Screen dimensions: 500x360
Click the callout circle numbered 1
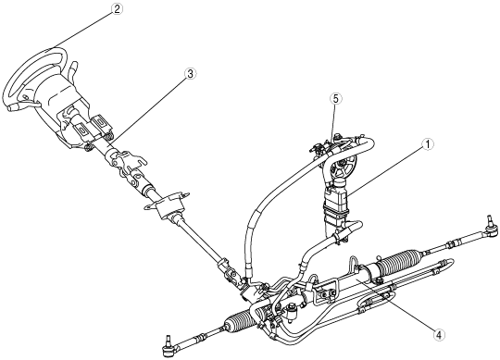(427, 144)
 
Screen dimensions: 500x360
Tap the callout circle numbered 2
(117, 9)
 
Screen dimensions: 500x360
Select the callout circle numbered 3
(190, 74)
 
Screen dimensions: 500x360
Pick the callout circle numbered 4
(439, 334)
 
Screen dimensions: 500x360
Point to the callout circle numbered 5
(335, 99)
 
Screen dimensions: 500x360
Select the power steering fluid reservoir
(335, 207)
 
